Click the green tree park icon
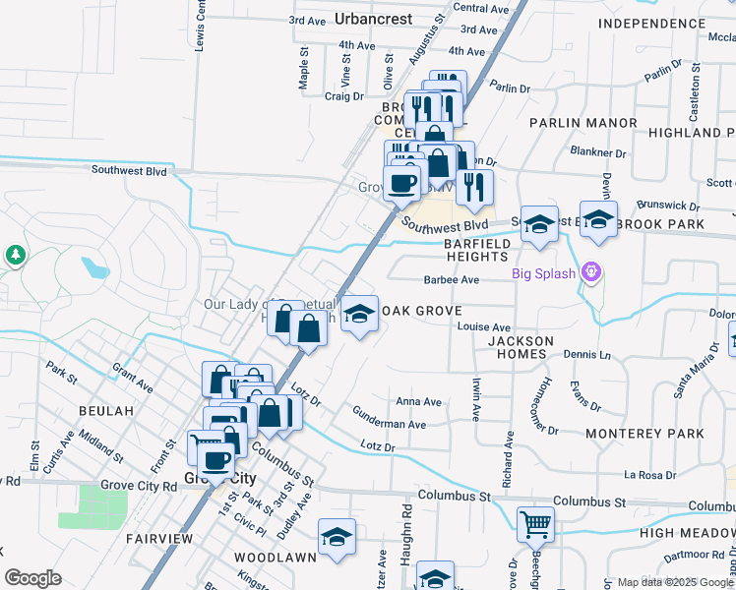[x=16, y=256]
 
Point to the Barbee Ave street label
[x=451, y=280]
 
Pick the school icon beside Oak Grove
[x=360, y=314]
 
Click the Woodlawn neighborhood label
[x=276, y=557]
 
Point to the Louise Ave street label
[x=484, y=326]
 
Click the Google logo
[x=32, y=578]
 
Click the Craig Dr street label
[x=344, y=96]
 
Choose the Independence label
[x=659, y=23]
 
